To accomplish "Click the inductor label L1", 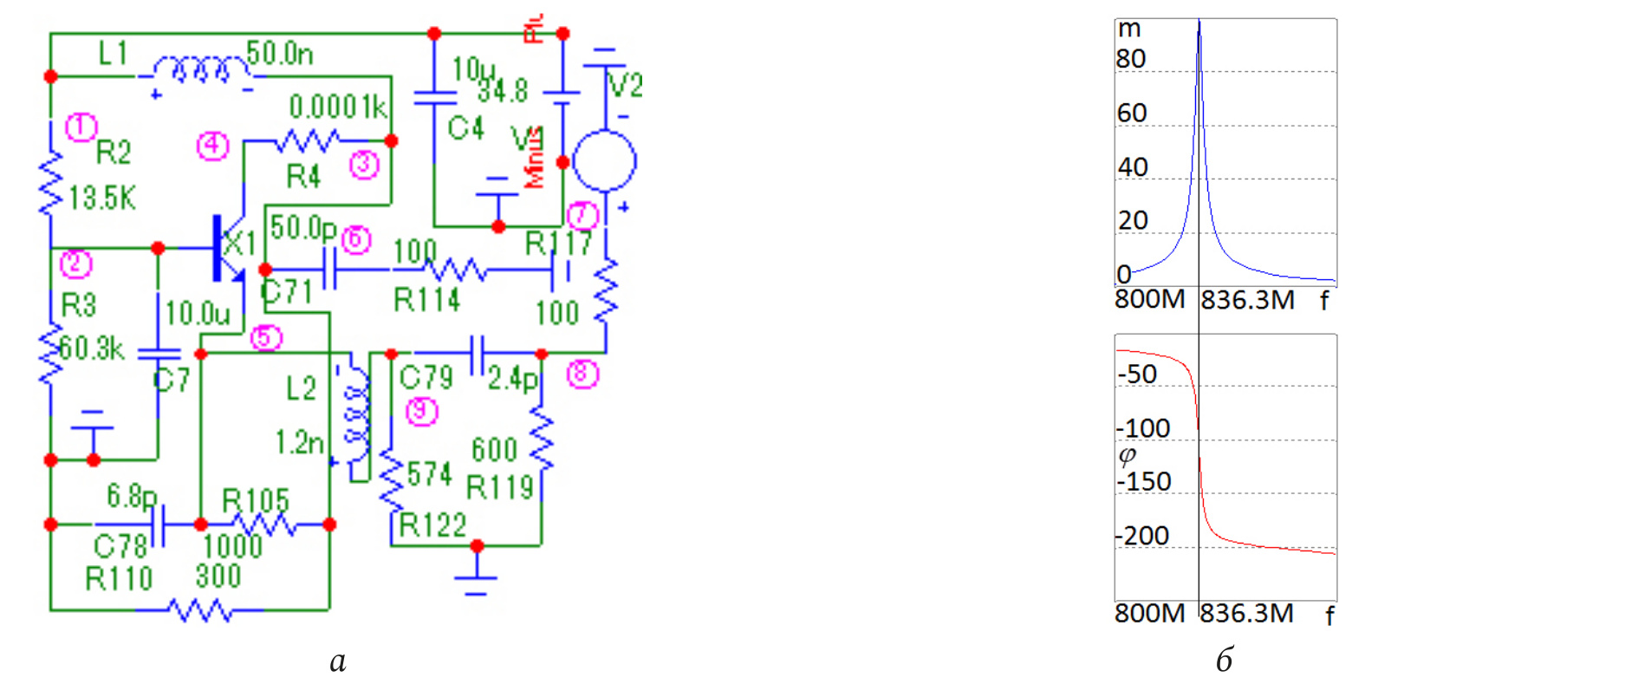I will click(113, 54).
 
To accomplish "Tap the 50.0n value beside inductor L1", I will click(279, 54).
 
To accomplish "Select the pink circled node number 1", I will click(81, 127).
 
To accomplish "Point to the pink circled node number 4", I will click(212, 145).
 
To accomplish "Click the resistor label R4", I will click(303, 176).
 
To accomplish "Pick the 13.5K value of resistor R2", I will click(102, 199).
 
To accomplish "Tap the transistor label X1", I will click(239, 244).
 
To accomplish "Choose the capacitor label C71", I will click(287, 291).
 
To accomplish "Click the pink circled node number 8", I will click(582, 374).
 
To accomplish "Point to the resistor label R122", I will click(432, 525).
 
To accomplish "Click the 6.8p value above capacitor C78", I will click(132, 496).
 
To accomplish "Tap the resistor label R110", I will click(119, 578).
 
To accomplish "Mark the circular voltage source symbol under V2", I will click(605, 161).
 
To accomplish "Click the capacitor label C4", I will click(465, 128).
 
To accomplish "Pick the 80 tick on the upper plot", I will click(1130, 59).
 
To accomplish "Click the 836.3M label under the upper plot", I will click(1247, 300).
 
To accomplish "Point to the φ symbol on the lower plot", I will click(1128, 455).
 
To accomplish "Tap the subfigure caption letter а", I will click(338, 661).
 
